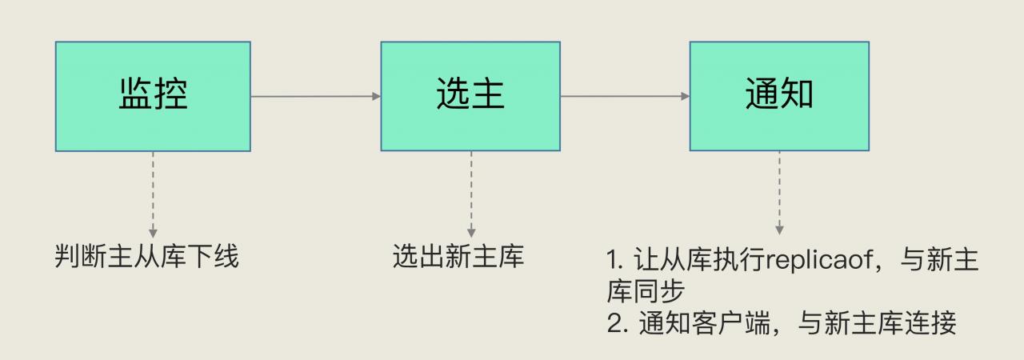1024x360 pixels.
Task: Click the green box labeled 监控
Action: click(x=153, y=96)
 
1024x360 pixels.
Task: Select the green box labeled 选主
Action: click(x=470, y=96)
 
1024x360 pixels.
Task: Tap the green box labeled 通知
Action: click(x=779, y=96)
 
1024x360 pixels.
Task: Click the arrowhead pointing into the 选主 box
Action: click(x=376, y=97)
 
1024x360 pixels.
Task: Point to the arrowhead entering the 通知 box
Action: click(x=686, y=97)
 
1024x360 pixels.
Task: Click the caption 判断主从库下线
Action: click(x=147, y=258)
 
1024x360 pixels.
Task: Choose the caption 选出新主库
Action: click(x=458, y=258)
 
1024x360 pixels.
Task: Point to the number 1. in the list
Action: click(x=614, y=262)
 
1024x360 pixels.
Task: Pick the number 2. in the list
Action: click(x=616, y=325)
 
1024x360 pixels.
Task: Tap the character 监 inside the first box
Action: click(x=136, y=94)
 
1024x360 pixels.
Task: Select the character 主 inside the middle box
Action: click(x=488, y=94)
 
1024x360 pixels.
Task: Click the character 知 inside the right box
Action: click(x=797, y=94)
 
